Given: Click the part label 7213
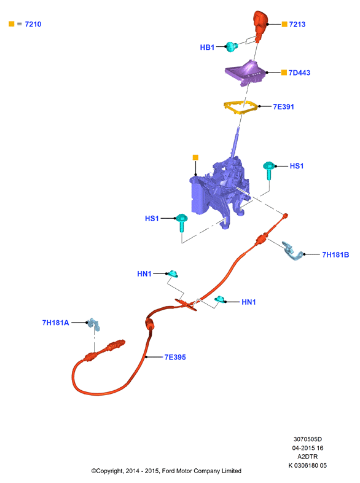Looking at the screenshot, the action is [297, 25].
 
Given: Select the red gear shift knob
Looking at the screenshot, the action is [260, 25].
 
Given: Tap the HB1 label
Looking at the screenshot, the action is [207, 47].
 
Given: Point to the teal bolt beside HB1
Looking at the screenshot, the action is [232, 47].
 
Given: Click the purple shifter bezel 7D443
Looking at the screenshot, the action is [246, 73].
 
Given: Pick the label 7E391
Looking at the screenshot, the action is [283, 107].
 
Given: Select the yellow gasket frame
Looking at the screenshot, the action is [241, 107].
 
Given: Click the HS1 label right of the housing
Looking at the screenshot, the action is [297, 166].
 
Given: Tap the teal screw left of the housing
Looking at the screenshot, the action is [181, 222].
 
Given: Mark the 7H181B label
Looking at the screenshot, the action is [335, 255].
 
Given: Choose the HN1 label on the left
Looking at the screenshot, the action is [144, 274].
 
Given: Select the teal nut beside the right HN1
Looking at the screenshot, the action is [220, 299].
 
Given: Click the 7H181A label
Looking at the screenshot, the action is [55, 323].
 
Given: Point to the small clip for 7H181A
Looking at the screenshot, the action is [94, 324].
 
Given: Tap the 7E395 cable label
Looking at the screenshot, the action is [175, 357].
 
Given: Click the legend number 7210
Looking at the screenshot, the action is [33, 25].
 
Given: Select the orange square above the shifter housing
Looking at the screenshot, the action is [195, 158].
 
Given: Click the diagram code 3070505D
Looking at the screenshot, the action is [307, 439].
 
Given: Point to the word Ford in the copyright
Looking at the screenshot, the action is [168, 471].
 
